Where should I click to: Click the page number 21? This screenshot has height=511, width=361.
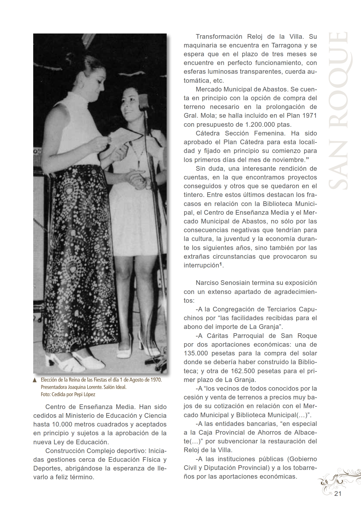pos(338,494)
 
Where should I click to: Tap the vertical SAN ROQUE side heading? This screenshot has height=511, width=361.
pos(338,111)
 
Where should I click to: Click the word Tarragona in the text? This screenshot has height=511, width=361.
pos(286,45)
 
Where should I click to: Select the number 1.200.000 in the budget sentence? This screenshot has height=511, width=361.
pos(260,125)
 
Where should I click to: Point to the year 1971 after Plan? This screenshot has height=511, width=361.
pos(309,116)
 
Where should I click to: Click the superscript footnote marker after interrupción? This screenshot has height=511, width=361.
pos(221,264)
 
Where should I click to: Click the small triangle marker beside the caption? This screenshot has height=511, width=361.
pos(35,380)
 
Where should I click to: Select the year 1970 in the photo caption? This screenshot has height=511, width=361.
pos(156,380)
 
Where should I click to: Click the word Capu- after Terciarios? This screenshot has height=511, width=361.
pos(308,309)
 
